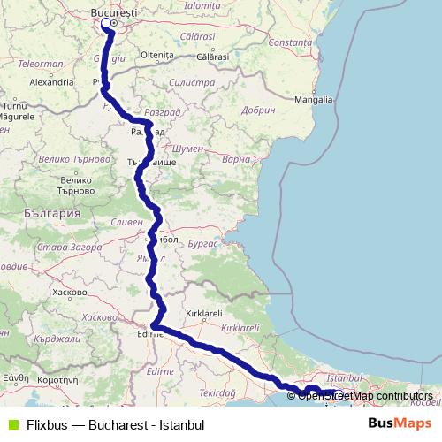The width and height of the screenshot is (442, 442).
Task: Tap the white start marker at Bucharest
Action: point(107,24)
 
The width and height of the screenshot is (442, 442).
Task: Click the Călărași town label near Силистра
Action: point(213,56)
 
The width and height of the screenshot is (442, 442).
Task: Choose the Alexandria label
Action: point(50,80)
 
